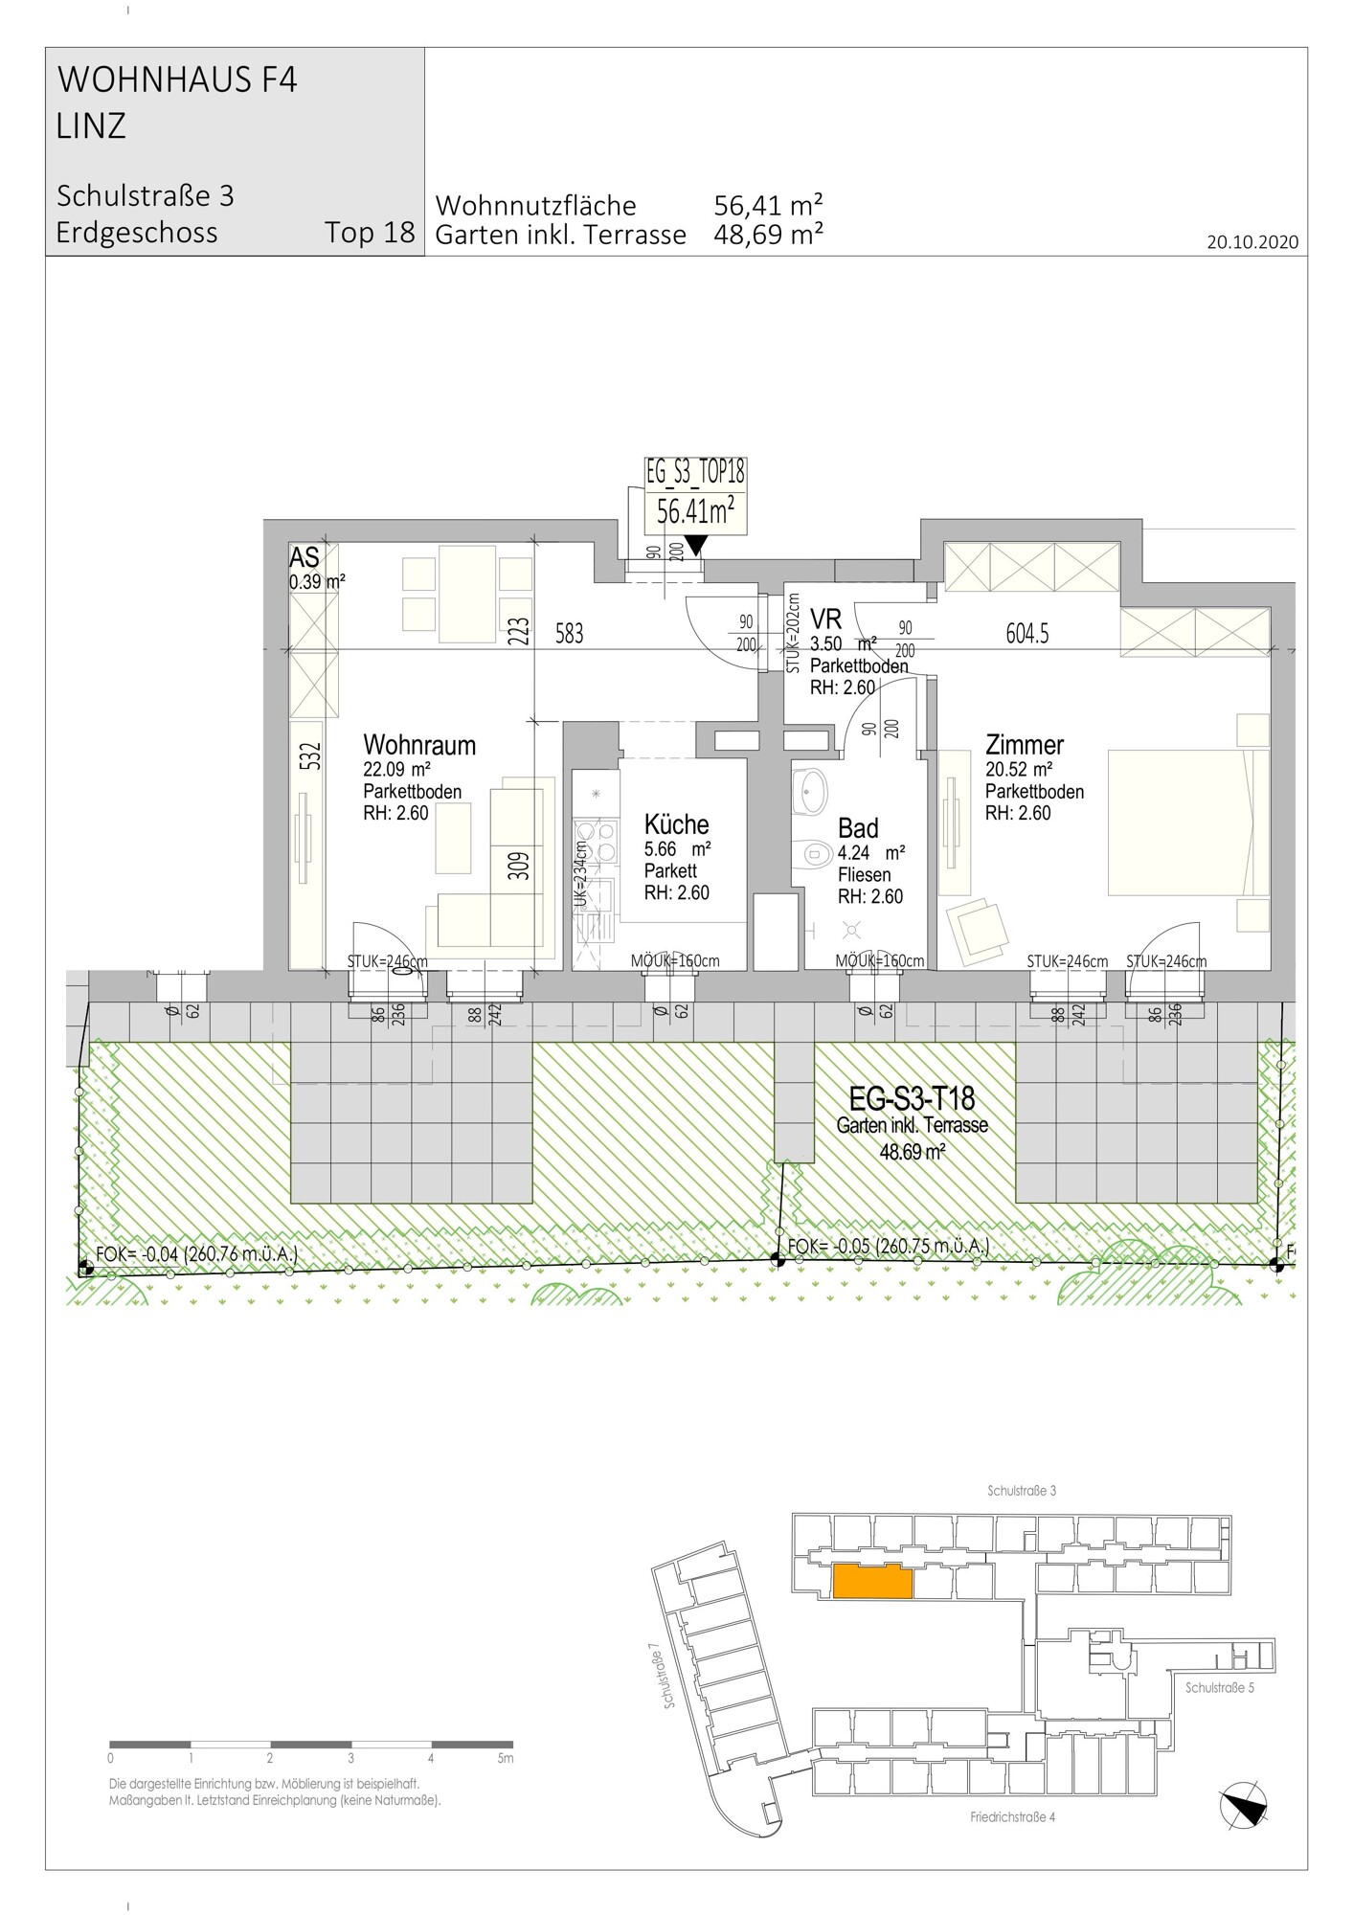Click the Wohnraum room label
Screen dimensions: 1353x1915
click(419, 745)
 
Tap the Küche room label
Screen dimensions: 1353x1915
click(676, 824)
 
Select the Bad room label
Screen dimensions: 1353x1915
click(858, 828)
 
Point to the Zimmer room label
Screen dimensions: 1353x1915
click(1025, 744)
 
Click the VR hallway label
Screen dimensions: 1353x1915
click(825, 618)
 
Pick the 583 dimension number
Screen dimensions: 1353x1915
click(569, 633)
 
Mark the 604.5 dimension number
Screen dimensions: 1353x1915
click(1027, 633)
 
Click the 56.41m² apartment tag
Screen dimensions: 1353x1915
click(695, 512)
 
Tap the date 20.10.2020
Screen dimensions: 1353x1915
click(1252, 242)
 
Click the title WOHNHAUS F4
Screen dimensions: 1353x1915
click(178, 80)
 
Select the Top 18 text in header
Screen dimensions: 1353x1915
click(370, 233)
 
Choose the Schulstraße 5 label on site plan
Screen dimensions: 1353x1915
click(1219, 1688)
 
